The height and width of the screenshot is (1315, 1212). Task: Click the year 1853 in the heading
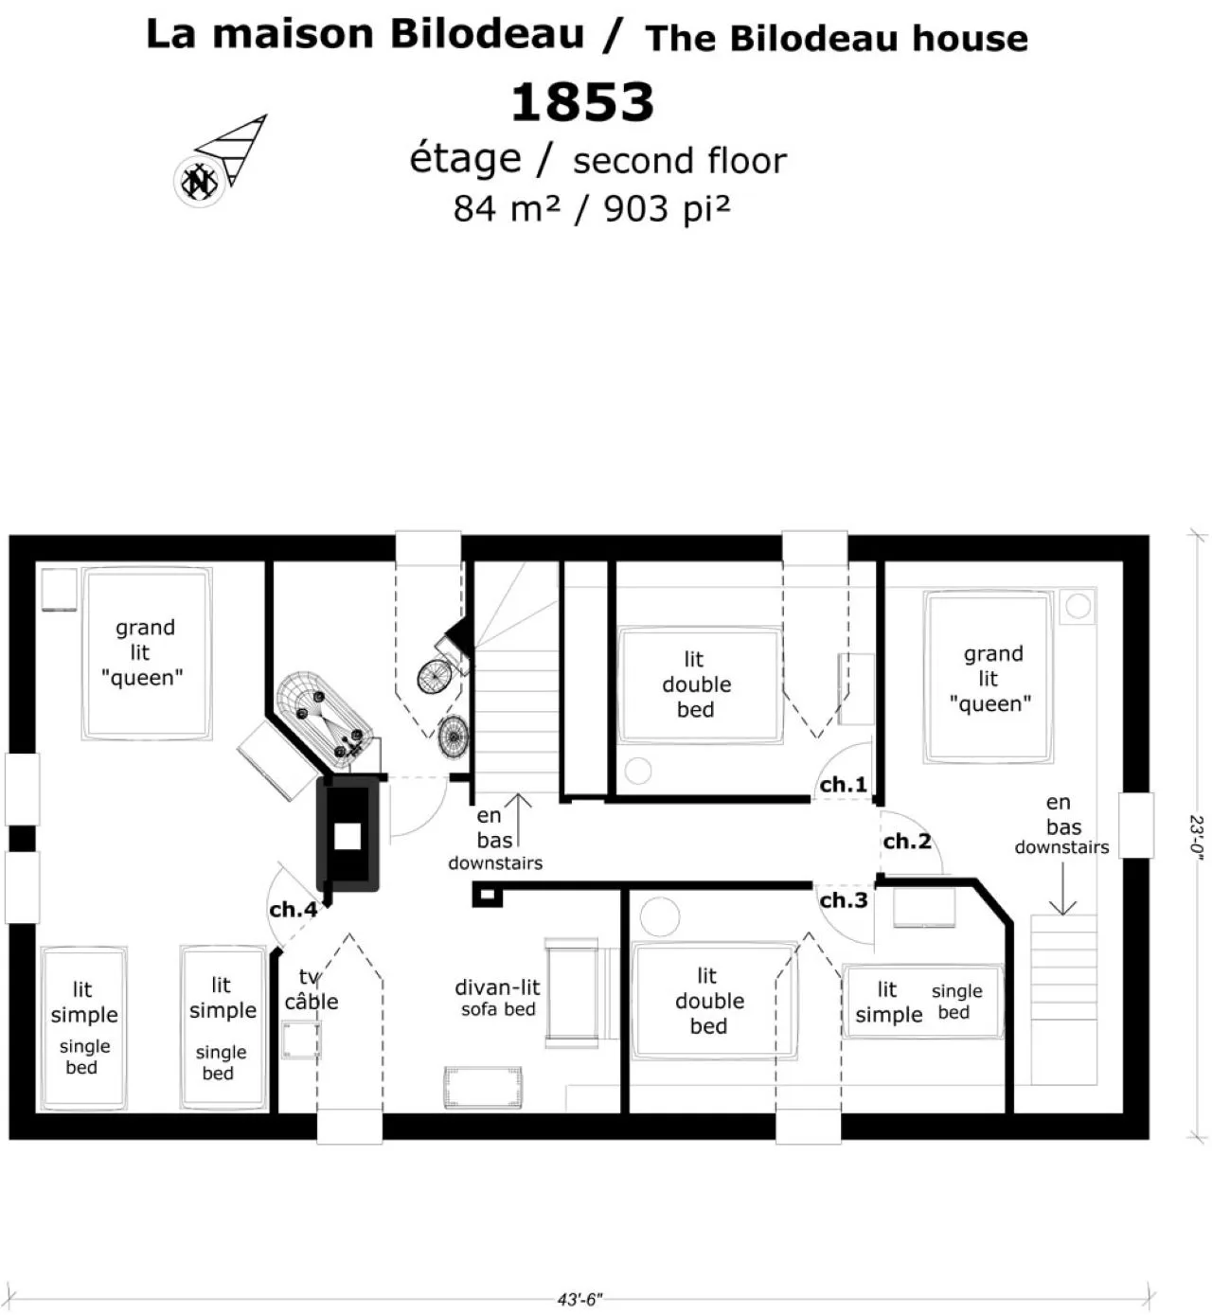(x=582, y=102)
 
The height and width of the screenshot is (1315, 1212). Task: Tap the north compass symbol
(x=200, y=182)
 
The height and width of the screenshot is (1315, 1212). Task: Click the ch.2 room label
(x=907, y=841)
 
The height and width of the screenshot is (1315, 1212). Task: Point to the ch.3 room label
(x=844, y=900)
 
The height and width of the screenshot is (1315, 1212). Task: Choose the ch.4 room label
(x=294, y=909)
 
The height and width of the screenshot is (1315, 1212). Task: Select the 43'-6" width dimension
(x=579, y=1299)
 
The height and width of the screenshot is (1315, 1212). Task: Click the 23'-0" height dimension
(x=1196, y=834)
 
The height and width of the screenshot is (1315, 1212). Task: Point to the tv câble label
(x=311, y=989)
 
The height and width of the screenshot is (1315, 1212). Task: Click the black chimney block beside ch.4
(x=348, y=834)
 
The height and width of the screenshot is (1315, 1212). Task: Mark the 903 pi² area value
(x=667, y=209)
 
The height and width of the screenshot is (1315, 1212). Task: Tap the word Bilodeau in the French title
(x=487, y=34)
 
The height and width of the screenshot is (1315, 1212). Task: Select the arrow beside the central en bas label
(x=518, y=820)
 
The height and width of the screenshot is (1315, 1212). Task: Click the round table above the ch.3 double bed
(x=660, y=916)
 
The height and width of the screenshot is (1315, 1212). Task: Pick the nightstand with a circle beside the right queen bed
(x=1078, y=606)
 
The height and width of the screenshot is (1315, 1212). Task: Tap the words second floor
(x=680, y=161)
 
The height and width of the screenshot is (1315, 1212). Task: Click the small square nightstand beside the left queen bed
(x=60, y=589)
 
